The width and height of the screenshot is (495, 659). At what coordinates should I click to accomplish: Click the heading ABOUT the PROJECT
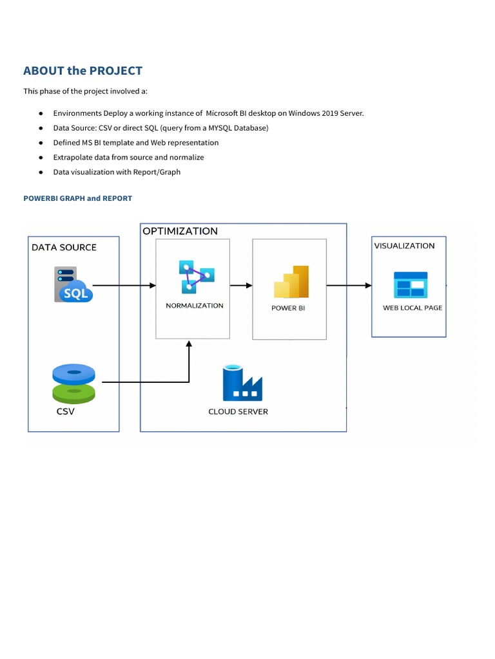[x=82, y=71]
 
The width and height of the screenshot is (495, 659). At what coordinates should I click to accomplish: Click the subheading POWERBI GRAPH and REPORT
[x=77, y=198]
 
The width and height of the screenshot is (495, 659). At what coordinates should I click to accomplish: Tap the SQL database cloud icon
[x=73, y=285]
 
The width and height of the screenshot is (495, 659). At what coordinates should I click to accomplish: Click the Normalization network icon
[x=196, y=277]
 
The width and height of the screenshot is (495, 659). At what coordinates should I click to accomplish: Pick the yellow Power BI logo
[x=291, y=282]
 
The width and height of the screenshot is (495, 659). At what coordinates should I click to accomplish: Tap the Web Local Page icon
[x=411, y=284]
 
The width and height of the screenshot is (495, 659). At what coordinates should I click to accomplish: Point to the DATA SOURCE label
[x=64, y=247]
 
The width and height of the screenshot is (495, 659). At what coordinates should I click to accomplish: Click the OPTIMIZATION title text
[x=180, y=231]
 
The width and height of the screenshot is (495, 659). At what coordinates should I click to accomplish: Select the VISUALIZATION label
[x=404, y=246]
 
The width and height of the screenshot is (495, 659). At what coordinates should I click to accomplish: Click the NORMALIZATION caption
[x=195, y=306]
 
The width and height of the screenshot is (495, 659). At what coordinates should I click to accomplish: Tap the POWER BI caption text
[x=288, y=308]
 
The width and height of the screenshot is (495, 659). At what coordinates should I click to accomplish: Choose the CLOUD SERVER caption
[x=238, y=412]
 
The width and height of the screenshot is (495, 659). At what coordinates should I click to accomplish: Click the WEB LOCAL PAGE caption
[x=412, y=308]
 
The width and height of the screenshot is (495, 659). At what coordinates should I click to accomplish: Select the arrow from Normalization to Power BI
[x=241, y=285]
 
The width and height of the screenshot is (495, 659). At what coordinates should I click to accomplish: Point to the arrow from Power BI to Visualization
[x=349, y=285]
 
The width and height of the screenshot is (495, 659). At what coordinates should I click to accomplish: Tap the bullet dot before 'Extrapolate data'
[x=40, y=158]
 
